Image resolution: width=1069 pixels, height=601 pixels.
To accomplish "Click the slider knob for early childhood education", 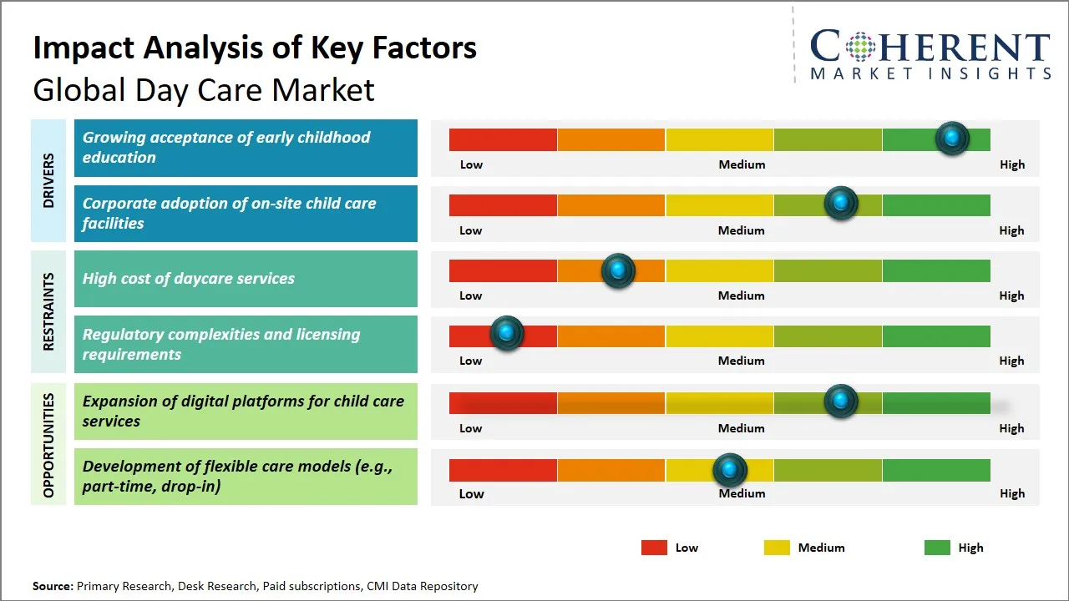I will pyautogui.click(x=951, y=139).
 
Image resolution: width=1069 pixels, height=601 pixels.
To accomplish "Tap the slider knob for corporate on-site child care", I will pyautogui.click(x=841, y=204).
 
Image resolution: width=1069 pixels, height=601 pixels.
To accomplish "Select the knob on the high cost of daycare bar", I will pyautogui.click(x=618, y=270).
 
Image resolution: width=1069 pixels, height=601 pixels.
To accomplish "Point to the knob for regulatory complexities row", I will pyautogui.click(x=506, y=334).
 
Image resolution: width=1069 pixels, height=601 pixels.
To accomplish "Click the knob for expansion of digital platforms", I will pyautogui.click(x=841, y=402).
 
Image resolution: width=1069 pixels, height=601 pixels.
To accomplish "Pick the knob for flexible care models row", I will pyautogui.click(x=730, y=471).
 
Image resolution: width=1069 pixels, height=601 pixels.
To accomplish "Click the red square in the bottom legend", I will pyautogui.click(x=654, y=548).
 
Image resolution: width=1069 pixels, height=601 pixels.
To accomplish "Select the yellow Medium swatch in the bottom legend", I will pyautogui.click(x=777, y=548).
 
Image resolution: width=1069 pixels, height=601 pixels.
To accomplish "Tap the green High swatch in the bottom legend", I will pyautogui.click(x=937, y=548).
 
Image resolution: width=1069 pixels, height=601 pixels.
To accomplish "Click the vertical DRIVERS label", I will pyautogui.click(x=48, y=180).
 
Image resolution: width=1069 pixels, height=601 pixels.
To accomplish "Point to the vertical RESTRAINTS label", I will pyautogui.click(x=48, y=311).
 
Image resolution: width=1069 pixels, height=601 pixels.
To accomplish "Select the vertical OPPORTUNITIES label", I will pyautogui.click(x=48, y=445).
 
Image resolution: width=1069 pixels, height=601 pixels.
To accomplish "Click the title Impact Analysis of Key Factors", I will pyautogui.click(x=255, y=48).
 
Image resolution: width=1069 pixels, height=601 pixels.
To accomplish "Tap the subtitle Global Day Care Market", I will pyautogui.click(x=204, y=89).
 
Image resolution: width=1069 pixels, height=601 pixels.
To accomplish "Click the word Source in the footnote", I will pyautogui.click(x=53, y=586).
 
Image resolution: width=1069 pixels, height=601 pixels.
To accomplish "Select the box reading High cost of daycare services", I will pyautogui.click(x=246, y=279).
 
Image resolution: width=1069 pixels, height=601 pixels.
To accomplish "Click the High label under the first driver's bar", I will pyautogui.click(x=1012, y=164).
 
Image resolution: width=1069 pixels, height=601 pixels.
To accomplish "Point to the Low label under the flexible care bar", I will pyautogui.click(x=471, y=493).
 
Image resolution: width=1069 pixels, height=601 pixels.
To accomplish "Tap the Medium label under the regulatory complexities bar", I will pyautogui.click(x=742, y=361).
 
